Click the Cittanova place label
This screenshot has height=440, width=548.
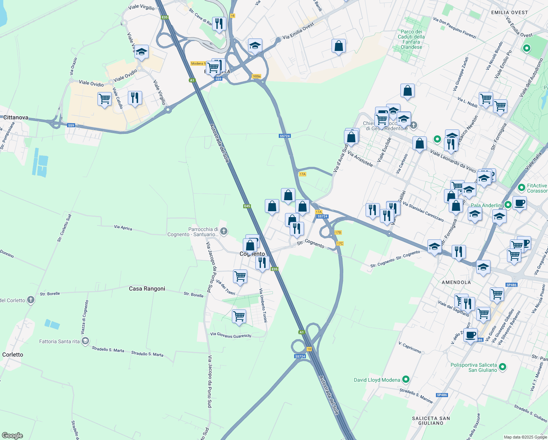(16, 117)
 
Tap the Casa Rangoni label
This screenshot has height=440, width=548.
(147, 289)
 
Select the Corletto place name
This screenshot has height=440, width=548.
(13, 355)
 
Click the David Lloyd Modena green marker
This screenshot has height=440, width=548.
(406, 379)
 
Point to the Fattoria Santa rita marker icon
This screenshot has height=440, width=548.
(85, 341)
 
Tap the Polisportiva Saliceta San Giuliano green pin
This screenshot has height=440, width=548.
(503, 367)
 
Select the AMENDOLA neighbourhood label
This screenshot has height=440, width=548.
(456, 282)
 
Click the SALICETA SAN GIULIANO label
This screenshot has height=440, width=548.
(431, 421)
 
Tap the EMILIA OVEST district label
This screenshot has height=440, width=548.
(510, 12)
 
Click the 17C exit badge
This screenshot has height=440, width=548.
(340, 243)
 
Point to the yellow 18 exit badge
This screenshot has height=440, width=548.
(309, 349)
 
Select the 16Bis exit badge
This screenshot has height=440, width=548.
(256, 76)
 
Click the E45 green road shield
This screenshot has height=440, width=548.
(247, 206)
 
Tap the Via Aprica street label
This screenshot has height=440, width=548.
(123, 228)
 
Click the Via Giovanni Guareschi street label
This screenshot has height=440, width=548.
(231, 335)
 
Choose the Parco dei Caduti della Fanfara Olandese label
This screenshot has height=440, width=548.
(411, 39)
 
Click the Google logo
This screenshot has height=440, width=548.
(12, 436)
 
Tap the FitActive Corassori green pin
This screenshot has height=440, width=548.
(522, 188)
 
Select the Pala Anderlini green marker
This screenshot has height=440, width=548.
(507, 205)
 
